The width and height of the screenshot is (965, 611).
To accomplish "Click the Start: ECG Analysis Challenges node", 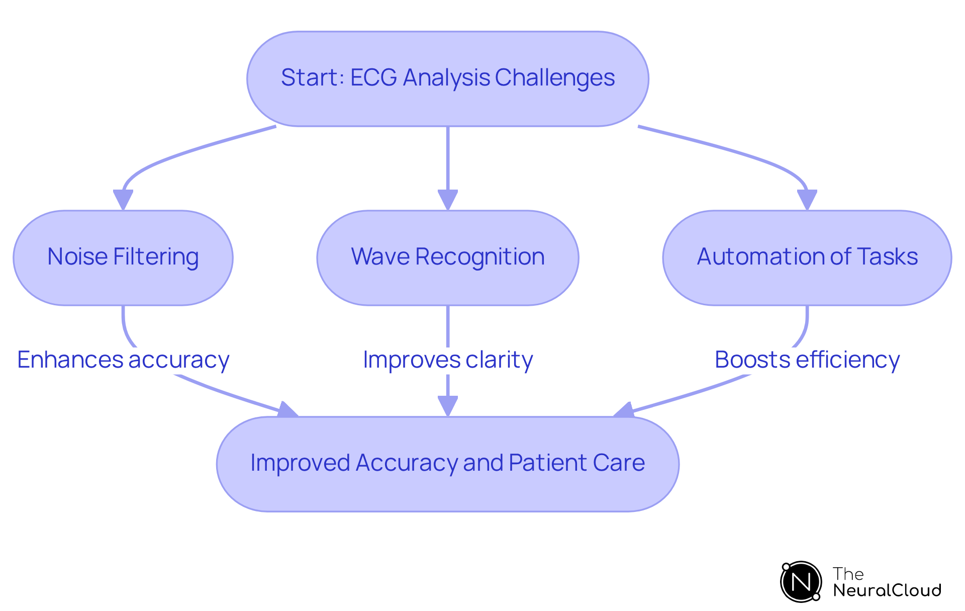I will pos(447,79).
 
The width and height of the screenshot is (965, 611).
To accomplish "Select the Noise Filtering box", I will pos(123,257).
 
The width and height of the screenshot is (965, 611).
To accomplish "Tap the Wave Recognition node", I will pos(447,257).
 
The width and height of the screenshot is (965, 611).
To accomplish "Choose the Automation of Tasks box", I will pos(807,257).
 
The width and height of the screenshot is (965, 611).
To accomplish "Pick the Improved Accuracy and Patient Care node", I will pos(447,464).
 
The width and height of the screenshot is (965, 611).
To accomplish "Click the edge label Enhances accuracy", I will pos(123,360).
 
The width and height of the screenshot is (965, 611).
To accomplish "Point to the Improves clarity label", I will pos(447,360).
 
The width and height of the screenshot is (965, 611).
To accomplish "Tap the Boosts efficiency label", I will pos(807,360).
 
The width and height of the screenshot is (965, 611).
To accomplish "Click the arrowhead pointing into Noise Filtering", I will pos(123,200).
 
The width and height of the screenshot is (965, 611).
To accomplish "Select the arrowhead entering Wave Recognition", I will pos(447,200).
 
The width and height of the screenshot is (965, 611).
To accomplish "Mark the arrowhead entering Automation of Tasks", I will pos(807,200).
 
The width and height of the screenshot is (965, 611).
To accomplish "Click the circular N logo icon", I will pos(801,582).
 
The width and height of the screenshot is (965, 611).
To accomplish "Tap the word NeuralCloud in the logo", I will pos(887,590).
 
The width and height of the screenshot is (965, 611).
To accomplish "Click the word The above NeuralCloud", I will pos(848,574).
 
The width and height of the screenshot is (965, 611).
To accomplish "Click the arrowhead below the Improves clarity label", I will pos(447,405).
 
